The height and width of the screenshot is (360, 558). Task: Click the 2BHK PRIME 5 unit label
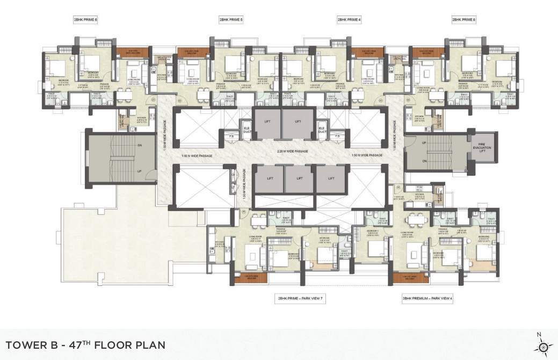point(231,20)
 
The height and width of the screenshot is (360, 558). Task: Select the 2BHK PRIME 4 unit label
point(349,20)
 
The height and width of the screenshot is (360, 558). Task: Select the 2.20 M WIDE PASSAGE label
point(293,152)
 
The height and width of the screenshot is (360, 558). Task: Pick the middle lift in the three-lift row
point(299,178)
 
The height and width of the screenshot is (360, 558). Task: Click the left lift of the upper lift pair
point(266,122)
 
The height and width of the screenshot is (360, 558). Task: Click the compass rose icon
point(543,348)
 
